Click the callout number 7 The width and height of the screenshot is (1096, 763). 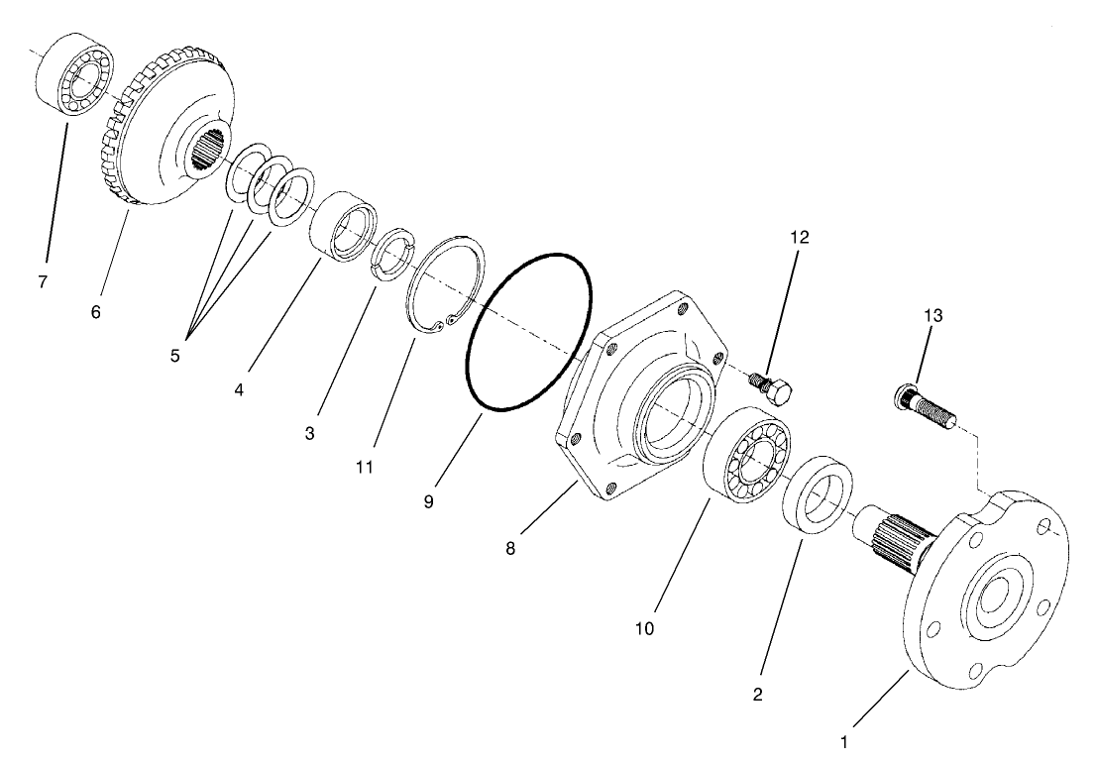tap(43, 282)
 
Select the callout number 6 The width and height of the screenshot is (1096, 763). tap(95, 312)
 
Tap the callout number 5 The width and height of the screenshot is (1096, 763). tap(174, 355)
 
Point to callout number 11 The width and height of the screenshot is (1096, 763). tap(365, 467)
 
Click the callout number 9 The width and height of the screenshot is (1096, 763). tap(428, 502)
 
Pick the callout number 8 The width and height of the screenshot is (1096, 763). tap(510, 548)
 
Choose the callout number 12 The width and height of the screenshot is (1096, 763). tap(800, 237)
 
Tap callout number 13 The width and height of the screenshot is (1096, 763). tap(932, 316)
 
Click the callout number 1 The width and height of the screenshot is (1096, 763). tap(844, 739)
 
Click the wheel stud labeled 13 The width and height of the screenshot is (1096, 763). tap(928, 406)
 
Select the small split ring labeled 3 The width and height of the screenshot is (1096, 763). tap(391, 254)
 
